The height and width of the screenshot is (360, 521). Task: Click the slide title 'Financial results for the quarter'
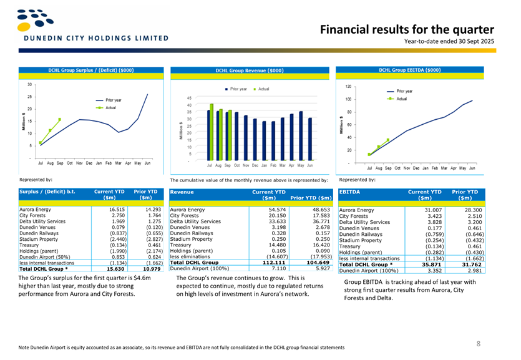tap(407, 29)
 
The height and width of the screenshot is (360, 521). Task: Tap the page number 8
tap(479, 343)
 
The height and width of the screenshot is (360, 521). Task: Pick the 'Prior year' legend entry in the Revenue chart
tap(236, 89)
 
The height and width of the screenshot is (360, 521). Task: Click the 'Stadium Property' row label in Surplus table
tap(41, 238)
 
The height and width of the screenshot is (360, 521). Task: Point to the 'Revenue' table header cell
tap(183, 193)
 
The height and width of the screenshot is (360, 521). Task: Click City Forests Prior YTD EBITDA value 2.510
tap(470, 216)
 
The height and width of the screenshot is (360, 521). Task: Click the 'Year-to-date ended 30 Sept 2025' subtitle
tap(449, 41)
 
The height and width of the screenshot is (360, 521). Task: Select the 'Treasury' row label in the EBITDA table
tap(351, 246)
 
